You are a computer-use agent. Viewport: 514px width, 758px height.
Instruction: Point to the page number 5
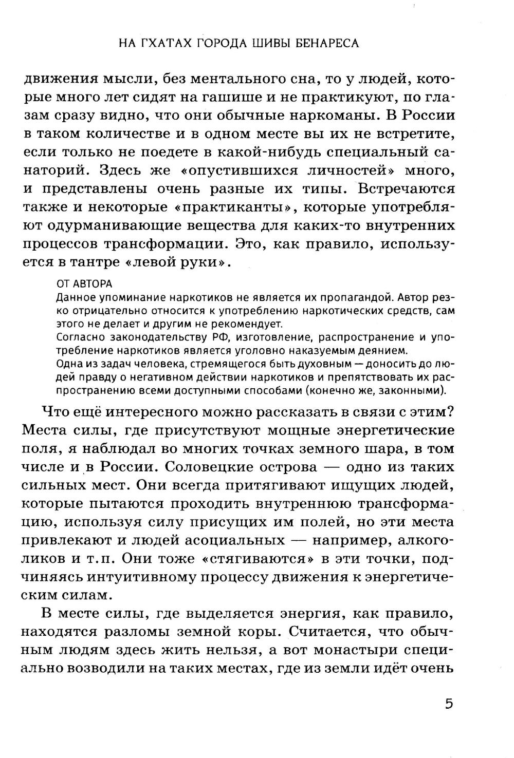(x=449, y=703)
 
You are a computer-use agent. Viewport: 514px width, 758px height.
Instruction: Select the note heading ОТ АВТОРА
(x=84, y=284)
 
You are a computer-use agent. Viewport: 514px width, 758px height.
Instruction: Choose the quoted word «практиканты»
(x=236, y=207)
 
